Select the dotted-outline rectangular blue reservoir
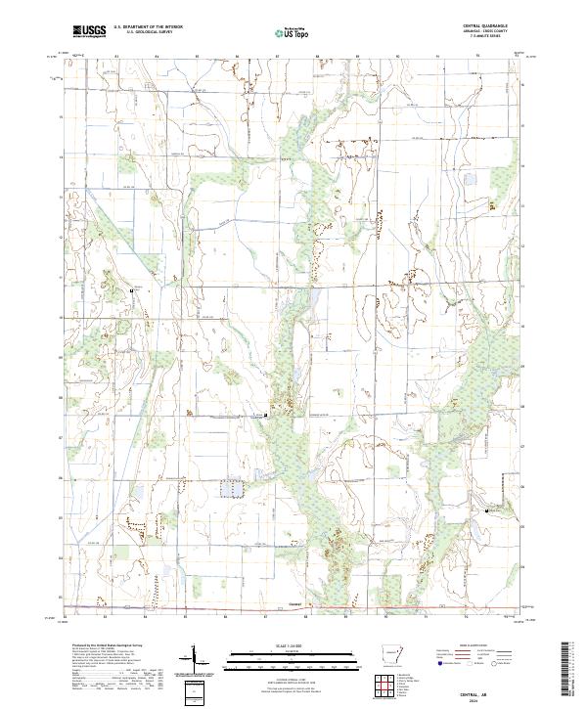232,488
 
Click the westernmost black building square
134,290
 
